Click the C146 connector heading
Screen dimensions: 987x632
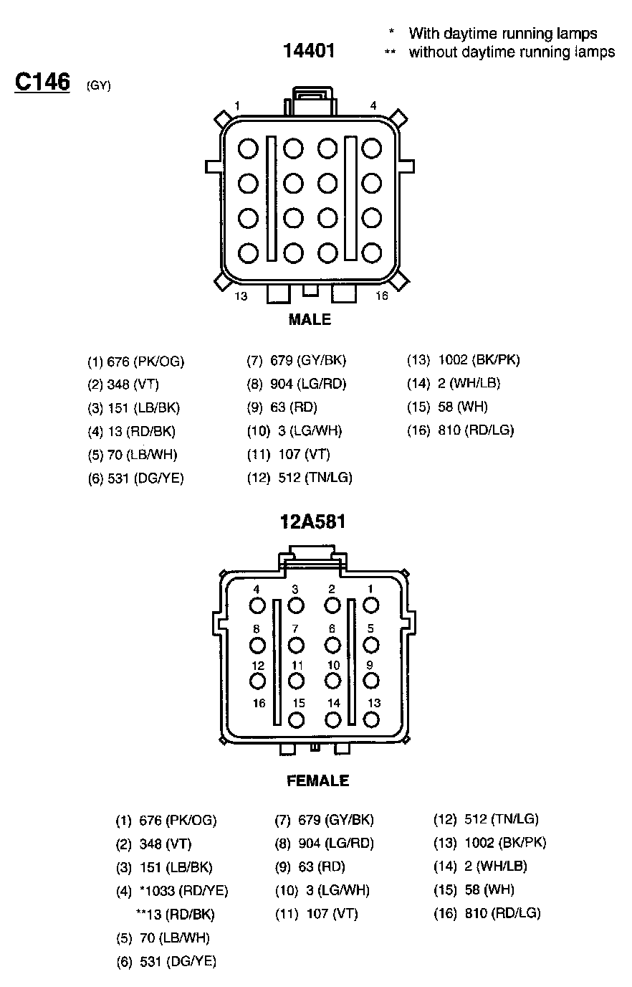[x=42, y=82]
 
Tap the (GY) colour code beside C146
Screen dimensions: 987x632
[x=98, y=86]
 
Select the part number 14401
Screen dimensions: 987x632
[x=309, y=51]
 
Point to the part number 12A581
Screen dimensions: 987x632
[x=312, y=521]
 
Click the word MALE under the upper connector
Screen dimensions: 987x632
[x=310, y=320]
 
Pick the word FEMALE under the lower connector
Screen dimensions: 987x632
[x=317, y=780]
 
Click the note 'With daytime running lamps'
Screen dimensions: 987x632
[x=502, y=33]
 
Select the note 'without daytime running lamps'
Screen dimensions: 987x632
[x=512, y=52]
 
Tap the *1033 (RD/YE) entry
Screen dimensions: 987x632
[x=184, y=890]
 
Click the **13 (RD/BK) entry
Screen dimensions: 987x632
[x=175, y=914]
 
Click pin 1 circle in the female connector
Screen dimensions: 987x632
[x=370, y=605]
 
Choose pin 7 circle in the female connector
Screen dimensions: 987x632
[x=295, y=645]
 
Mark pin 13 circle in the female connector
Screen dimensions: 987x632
[x=372, y=719]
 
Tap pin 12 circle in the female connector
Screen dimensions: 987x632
[x=258, y=681]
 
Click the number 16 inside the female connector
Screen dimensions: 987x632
[x=259, y=704]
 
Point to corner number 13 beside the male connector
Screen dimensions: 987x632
[x=241, y=296]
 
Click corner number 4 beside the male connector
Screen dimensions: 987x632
[x=373, y=105]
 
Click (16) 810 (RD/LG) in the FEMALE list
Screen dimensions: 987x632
[x=487, y=913]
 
